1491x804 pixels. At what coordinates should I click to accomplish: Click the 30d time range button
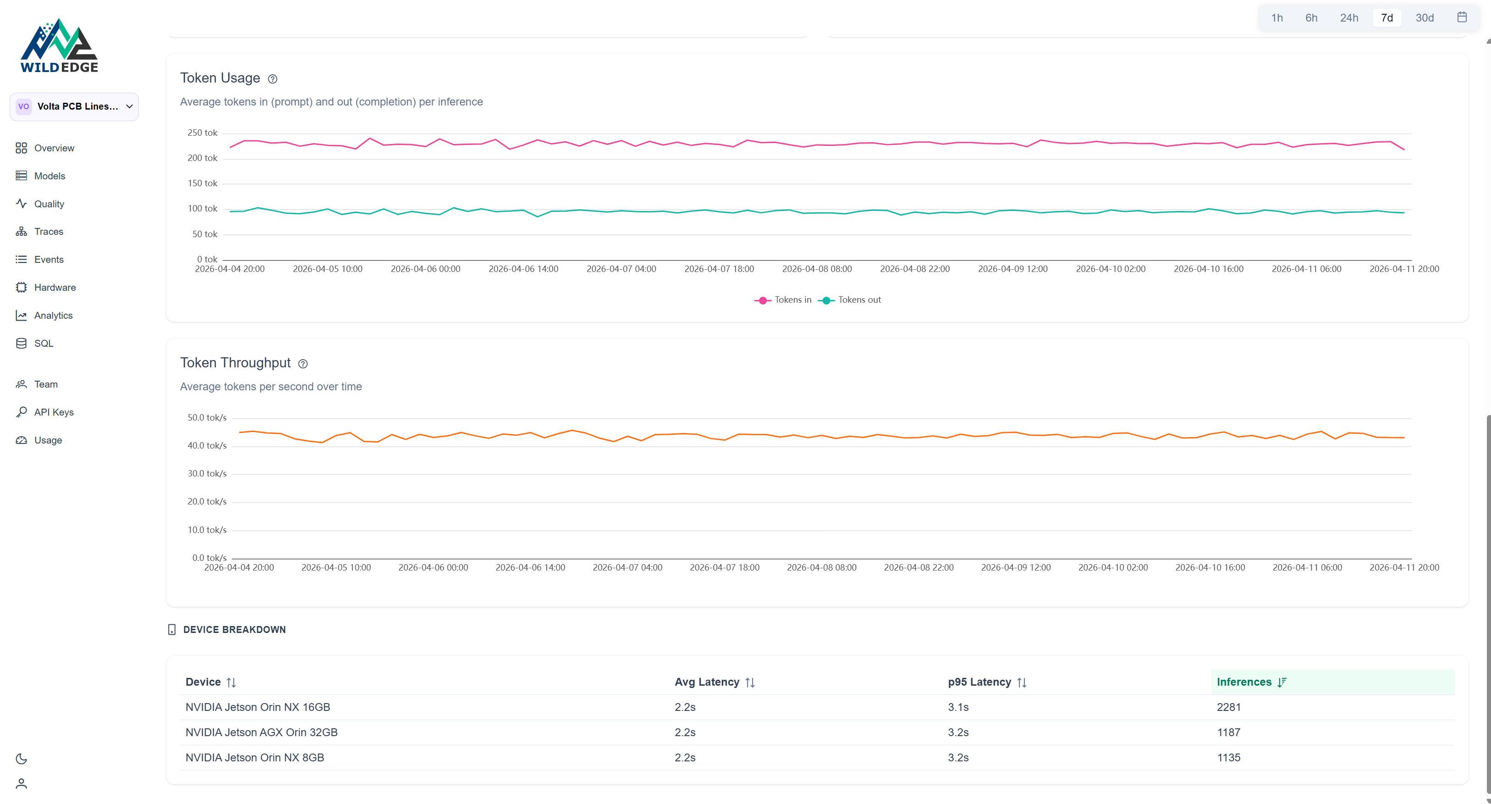[x=1424, y=18]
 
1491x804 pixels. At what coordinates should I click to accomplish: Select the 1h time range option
[x=1277, y=18]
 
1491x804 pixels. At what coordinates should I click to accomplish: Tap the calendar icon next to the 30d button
[x=1462, y=17]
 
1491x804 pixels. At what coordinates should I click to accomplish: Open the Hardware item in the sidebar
[x=55, y=287]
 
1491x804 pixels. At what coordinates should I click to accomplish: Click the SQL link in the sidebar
[x=44, y=344]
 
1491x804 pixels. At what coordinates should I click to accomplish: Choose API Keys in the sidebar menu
[x=53, y=412]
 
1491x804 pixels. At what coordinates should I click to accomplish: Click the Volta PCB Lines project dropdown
[x=74, y=106]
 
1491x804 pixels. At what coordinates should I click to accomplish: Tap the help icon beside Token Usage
[x=273, y=79]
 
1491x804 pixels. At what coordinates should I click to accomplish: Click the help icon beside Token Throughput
[x=303, y=364]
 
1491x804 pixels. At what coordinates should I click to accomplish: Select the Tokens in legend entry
[x=784, y=300]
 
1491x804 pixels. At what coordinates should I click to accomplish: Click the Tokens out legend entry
[x=850, y=300]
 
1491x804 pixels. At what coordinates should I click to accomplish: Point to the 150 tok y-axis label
[x=202, y=183]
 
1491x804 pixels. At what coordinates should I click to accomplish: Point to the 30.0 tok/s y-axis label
[x=207, y=474]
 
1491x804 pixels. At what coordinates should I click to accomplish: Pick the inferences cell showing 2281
[x=1228, y=707]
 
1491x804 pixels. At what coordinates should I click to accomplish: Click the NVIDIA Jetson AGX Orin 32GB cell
[x=261, y=732]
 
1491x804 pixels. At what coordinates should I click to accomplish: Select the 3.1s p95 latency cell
[x=958, y=707]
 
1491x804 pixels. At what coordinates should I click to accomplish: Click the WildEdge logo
[x=59, y=46]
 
